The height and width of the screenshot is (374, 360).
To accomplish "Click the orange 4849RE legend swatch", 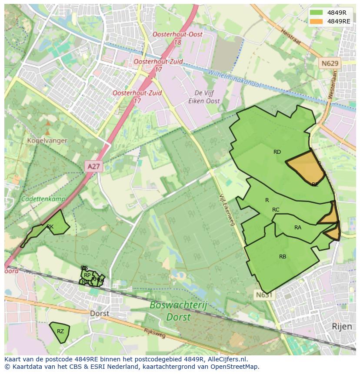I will [317, 21].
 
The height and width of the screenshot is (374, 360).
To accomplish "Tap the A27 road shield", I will [93, 166].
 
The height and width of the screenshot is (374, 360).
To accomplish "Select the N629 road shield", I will [330, 63].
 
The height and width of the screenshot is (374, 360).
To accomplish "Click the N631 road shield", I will [263, 295].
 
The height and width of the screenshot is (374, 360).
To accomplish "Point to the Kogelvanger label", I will [47, 141].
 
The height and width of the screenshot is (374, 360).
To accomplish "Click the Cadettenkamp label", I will [43, 199].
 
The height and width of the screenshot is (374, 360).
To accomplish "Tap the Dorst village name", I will [99, 313].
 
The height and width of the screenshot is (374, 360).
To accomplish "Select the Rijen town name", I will [341, 326].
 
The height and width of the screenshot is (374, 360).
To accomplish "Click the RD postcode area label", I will [277, 152].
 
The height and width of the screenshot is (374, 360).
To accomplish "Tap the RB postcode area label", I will [283, 257].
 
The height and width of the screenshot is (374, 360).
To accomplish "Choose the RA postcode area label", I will [298, 228].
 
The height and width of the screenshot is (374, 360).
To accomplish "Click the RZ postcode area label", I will [60, 331].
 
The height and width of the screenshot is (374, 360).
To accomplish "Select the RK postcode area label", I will [50, 227].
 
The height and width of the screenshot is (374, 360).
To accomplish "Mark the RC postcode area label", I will [276, 210].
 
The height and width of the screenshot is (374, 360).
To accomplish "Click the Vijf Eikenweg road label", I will [227, 210].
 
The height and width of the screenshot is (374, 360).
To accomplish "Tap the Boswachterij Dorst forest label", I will [178, 311].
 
